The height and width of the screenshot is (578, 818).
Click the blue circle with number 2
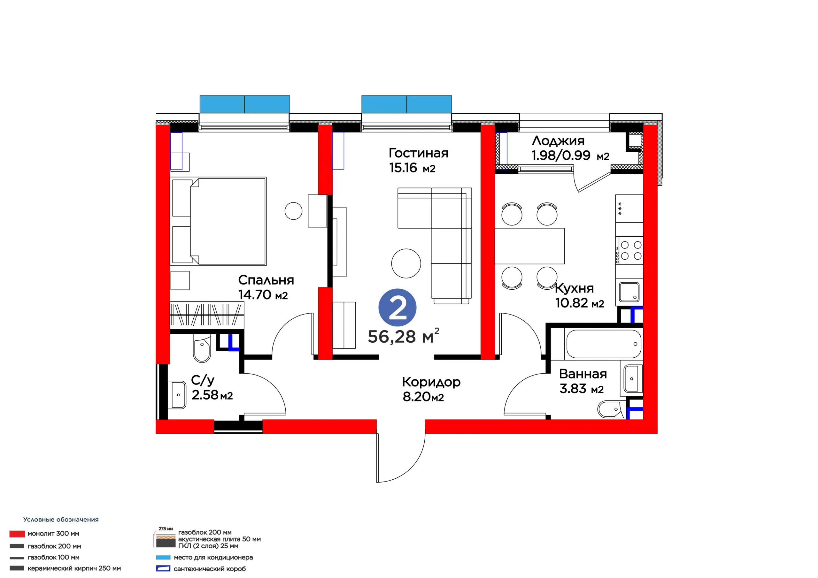[x=397, y=308]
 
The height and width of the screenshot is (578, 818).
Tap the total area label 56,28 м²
[x=403, y=336]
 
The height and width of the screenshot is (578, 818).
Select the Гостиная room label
[x=418, y=153]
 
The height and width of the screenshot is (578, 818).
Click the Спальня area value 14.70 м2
[x=263, y=295]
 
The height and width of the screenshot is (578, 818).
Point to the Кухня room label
[x=574, y=288]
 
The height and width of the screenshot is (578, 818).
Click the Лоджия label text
[x=558, y=141]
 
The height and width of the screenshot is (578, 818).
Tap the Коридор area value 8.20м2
[x=423, y=397]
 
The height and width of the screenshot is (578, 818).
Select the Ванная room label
[x=583, y=374]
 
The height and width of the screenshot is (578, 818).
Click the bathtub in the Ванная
[x=604, y=344]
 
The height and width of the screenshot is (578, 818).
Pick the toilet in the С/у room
[x=202, y=348]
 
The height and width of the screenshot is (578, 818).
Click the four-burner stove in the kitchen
[x=629, y=250]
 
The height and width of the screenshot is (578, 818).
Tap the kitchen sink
[x=629, y=292]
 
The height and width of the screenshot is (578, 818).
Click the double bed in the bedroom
[x=218, y=221]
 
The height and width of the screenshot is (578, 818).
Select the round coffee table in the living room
[x=406, y=263]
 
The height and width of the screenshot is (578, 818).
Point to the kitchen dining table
[x=529, y=246]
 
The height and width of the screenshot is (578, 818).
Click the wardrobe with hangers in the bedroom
[x=207, y=315]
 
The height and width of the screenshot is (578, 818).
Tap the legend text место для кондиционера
[x=213, y=557]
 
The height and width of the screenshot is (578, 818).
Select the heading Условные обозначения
[x=61, y=520]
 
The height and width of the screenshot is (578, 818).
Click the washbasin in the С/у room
[x=179, y=395]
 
